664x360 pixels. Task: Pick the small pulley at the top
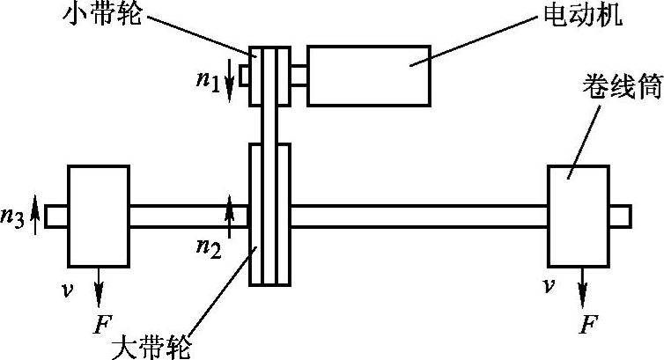(270, 75)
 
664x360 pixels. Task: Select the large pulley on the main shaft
(269, 215)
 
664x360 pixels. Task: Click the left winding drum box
(99, 215)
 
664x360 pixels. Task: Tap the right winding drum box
(579, 215)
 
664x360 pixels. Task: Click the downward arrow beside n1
(232, 70)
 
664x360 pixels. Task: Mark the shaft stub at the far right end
(621, 215)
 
